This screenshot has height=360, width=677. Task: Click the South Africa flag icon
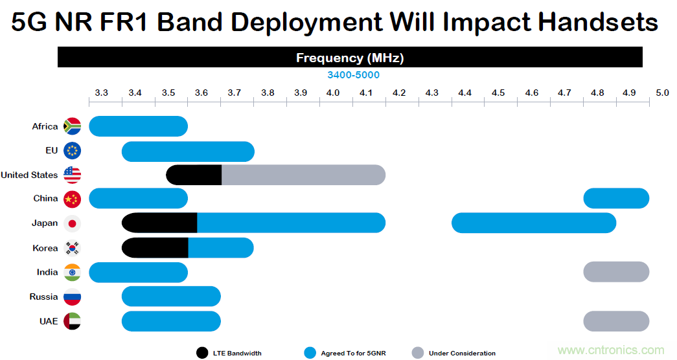click(72, 126)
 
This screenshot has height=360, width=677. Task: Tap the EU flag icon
click(72, 151)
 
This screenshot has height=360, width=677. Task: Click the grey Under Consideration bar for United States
click(303, 175)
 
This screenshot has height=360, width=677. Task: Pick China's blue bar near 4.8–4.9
click(616, 198)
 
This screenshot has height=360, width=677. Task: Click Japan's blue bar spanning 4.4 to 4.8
click(534, 223)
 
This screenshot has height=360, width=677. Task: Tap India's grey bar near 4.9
click(616, 272)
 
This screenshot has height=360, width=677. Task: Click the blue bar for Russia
click(171, 297)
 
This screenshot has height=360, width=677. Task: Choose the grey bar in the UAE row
click(616, 321)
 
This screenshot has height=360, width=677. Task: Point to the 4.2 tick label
click(399, 93)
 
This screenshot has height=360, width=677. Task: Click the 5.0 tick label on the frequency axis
click(661, 93)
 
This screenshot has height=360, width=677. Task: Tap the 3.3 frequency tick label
click(102, 93)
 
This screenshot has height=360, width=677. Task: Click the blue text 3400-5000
click(353, 75)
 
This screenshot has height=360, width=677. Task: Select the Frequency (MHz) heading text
click(350, 58)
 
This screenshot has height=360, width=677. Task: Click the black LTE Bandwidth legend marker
click(202, 353)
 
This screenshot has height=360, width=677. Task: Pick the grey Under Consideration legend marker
click(419, 353)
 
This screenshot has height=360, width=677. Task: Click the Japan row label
click(45, 223)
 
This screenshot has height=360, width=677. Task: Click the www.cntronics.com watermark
click(610, 350)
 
